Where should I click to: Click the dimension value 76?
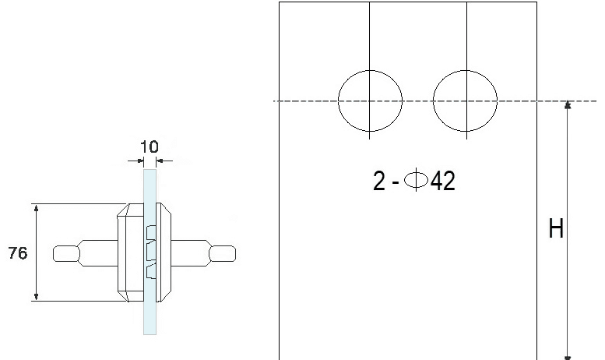pos(18,253)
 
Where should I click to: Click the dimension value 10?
pos(149,146)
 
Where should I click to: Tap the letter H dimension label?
pos(556,228)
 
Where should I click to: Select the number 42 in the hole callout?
pos(442,181)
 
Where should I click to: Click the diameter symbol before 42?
pos(416,180)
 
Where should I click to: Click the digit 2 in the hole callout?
pos(379,181)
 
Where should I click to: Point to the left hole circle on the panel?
pos(339,101)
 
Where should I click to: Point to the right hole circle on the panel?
pos(433,101)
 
